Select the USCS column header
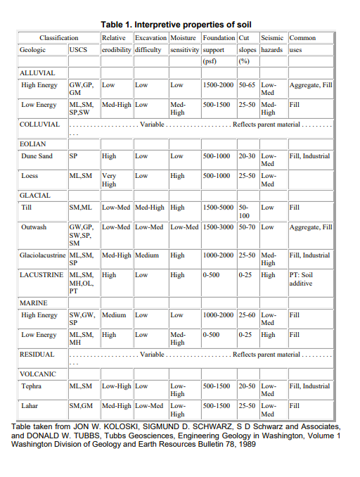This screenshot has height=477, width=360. click(x=78, y=51)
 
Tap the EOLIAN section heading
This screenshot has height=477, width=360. click(x=32, y=144)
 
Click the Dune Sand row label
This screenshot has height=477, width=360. click(x=38, y=156)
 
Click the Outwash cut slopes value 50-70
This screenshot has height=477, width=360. click(x=247, y=227)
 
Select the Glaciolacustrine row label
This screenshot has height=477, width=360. click(x=43, y=255)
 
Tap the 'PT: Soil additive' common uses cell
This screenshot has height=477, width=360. click(x=301, y=279)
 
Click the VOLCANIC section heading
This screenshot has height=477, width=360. click(x=37, y=374)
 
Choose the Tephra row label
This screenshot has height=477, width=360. click(x=32, y=386)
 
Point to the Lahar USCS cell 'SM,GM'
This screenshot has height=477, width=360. click(x=79, y=406)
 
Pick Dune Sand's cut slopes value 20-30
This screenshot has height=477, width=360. click(x=247, y=156)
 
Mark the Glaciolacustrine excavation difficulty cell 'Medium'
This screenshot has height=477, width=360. click(x=146, y=255)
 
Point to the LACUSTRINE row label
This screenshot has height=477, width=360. click(x=43, y=275)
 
